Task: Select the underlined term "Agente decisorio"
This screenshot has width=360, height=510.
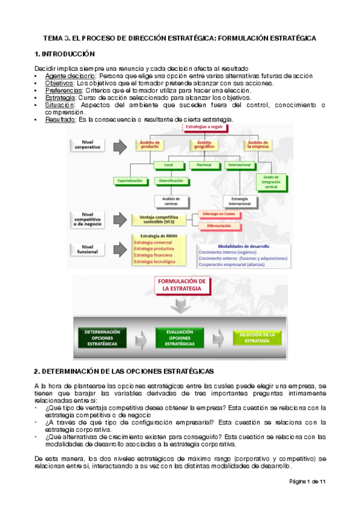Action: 71,76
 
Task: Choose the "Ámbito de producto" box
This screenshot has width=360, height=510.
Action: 150,145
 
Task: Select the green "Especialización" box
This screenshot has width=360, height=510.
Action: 130,180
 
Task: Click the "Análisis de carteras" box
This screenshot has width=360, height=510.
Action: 169,200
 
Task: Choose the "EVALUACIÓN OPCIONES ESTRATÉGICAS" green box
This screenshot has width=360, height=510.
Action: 182,338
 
